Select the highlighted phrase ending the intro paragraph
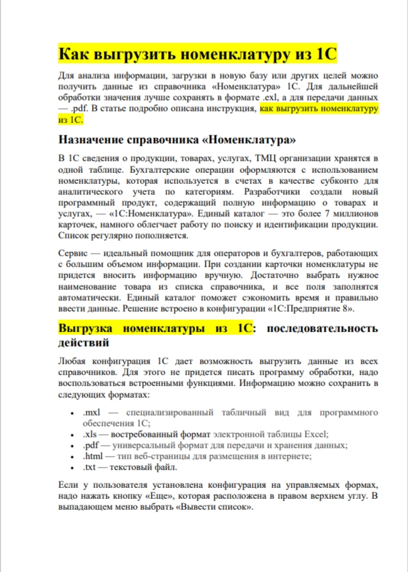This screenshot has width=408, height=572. (319, 109)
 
